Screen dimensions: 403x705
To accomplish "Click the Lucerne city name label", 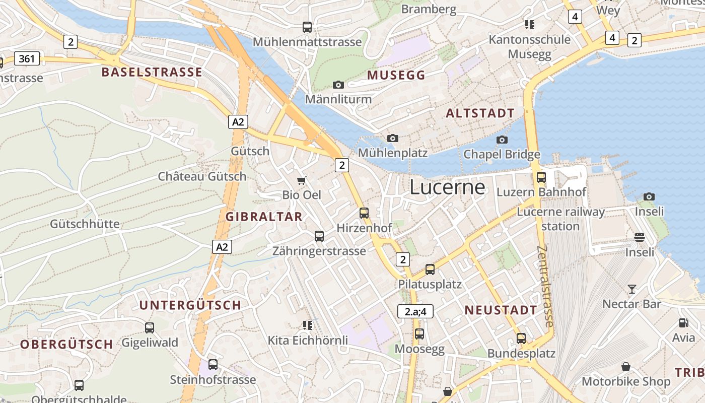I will (x=447, y=187).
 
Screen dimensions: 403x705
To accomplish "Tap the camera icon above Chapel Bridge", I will (x=502, y=140).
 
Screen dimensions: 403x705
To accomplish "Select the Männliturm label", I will (x=338, y=99).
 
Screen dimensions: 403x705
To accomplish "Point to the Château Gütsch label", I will (x=202, y=176).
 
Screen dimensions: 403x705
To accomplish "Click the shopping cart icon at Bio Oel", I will (x=302, y=180).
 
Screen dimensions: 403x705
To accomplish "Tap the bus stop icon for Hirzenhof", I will (x=364, y=213).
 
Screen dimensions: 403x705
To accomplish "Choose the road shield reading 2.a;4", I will (x=415, y=311).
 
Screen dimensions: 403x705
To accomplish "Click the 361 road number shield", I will (x=27, y=59).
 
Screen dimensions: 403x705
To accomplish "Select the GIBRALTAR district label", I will (x=264, y=217).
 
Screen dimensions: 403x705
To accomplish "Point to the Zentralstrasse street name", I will (x=546, y=286).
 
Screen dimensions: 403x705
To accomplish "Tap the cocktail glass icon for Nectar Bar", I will (x=632, y=289).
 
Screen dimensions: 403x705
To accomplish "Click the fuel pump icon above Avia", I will (x=683, y=323).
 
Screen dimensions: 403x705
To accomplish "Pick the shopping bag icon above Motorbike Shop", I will (x=626, y=367).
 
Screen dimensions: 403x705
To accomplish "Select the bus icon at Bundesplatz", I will (x=521, y=339).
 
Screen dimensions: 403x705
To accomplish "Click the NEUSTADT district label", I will (x=501, y=310).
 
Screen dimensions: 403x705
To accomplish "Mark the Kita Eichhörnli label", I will (x=308, y=341).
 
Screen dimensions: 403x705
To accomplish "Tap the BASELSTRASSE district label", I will (x=152, y=72).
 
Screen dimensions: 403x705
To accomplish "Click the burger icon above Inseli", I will (x=640, y=237).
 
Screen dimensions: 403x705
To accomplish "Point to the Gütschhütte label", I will (x=85, y=224).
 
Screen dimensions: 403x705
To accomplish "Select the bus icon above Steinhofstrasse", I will (x=213, y=365).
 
